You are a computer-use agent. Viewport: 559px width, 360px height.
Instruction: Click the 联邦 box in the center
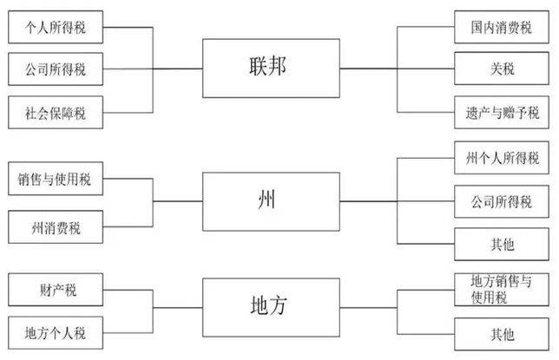pos(271,68)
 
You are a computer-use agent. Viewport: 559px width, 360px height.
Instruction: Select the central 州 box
pos(271,201)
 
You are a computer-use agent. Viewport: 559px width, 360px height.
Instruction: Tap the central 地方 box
pos(271,307)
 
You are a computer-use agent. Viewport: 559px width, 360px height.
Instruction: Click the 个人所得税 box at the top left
pos(56,27)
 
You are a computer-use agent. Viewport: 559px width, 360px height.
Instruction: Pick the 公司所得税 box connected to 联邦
pos(56,69)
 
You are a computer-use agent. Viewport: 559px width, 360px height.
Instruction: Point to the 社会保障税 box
pos(56,112)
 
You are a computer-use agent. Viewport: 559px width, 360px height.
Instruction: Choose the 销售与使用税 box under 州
pos(56,179)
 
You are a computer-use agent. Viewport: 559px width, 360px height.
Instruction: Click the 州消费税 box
pos(56,227)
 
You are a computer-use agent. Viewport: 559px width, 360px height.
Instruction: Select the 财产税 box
pos(56,290)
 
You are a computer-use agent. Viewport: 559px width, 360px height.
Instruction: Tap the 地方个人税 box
pos(56,333)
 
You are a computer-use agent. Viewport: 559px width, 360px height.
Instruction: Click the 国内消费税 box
pos(502,27)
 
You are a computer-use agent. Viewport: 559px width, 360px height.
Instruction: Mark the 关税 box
pos(502,69)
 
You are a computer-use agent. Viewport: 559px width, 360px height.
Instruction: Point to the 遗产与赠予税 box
pos(502,112)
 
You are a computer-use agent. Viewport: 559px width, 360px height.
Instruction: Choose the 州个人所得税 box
pos(502,158)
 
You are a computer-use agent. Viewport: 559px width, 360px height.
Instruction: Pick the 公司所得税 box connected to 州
pos(502,201)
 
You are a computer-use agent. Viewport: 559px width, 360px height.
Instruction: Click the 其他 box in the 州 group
pos(502,244)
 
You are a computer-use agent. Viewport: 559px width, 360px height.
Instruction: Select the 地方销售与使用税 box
pos(502,290)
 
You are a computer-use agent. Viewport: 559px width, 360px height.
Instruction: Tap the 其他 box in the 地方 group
pos(502,334)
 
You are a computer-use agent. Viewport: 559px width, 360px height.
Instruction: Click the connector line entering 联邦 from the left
pos(178,69)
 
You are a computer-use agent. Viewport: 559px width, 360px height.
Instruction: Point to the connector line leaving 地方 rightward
pos(368,308)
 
